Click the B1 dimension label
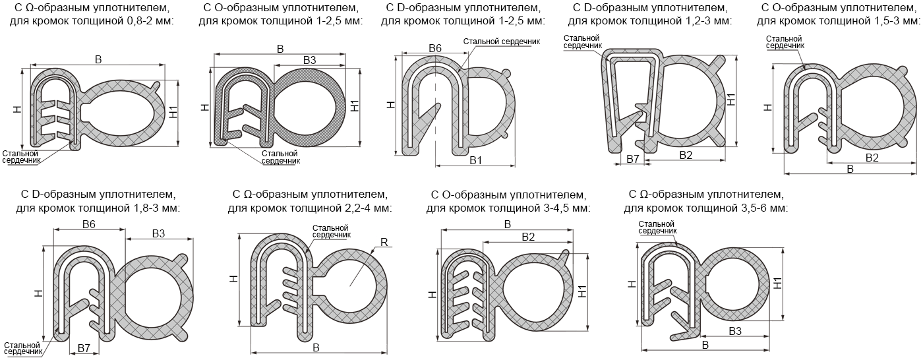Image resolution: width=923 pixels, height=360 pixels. [476, 160]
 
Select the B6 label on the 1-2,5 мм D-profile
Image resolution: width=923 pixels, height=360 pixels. [435, 48]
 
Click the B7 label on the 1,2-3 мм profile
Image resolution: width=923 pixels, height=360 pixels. [633, 159]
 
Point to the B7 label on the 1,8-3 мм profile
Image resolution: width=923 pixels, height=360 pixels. [84, 347]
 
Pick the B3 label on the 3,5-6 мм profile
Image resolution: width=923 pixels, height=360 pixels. [735, 330]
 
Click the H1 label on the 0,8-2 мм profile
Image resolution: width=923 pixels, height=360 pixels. [173, 113]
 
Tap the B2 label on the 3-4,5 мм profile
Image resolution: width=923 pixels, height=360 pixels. [528, 237]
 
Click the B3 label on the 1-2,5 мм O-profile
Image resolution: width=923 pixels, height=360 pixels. [309, 60]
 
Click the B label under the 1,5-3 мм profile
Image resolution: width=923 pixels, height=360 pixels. [850, 169]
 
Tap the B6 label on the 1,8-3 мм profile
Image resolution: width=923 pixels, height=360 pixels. [89, 224]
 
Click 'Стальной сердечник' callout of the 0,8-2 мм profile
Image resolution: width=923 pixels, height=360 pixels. [21, 156]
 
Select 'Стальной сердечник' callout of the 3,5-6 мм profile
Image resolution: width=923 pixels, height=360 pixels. [657, 227]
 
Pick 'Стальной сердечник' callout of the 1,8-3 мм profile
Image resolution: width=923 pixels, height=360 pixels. [22, 348]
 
